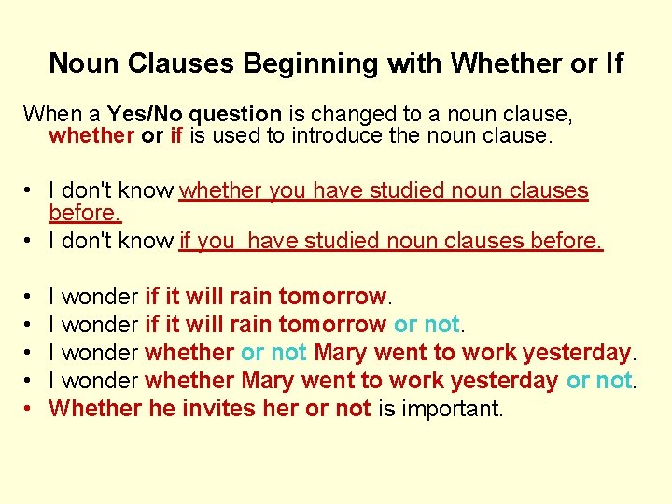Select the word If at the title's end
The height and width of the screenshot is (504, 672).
pos(612,63)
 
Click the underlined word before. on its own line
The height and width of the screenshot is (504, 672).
pos(85,213)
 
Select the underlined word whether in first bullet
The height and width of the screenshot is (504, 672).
pos(221,190)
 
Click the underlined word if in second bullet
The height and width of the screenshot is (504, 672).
pos(185,241)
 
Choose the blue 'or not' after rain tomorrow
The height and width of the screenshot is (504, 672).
pos(427,325)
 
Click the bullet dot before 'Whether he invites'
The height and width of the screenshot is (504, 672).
pos(30,409)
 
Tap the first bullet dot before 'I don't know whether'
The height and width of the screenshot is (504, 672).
pos(30,191)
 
